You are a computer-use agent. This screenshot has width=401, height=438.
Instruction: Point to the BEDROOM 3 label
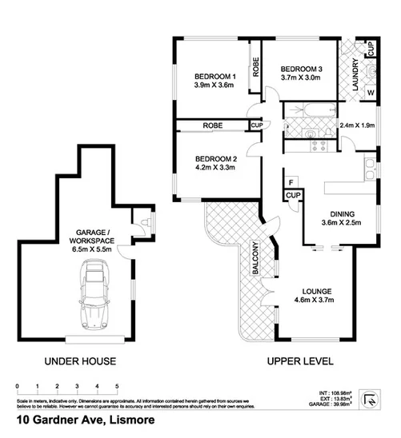click(301, 70)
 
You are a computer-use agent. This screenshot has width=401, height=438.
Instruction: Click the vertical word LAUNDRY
click(353, 79)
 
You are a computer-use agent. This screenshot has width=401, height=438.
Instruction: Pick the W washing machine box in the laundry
click(371, 94)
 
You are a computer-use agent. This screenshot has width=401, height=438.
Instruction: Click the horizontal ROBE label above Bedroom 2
click(212, 125)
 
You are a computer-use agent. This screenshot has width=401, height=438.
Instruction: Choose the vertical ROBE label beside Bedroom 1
click(255, 63)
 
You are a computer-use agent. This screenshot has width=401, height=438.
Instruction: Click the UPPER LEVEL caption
click(299, 360)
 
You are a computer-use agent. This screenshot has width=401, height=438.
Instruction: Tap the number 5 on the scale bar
click(118, 386)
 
